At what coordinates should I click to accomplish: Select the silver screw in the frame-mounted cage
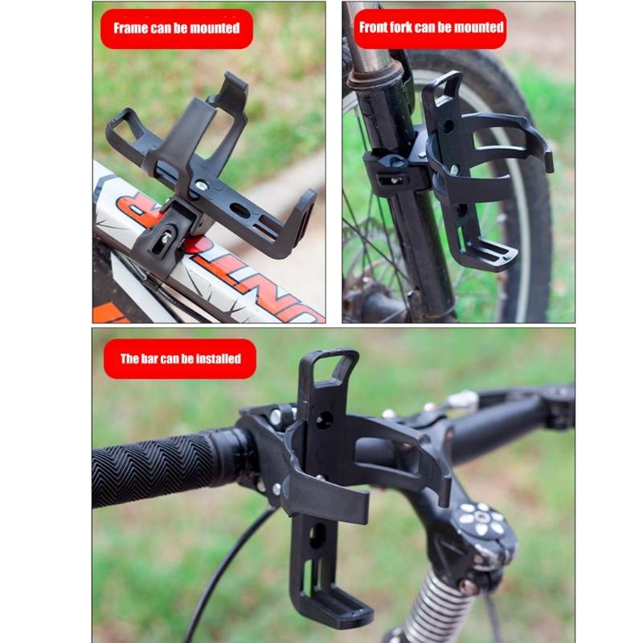200,186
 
